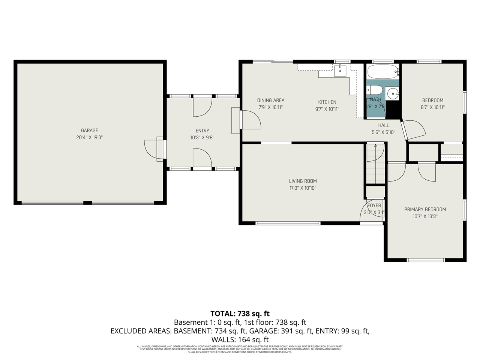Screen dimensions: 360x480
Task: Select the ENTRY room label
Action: click(202, 130)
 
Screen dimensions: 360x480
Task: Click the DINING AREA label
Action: click(270, 100)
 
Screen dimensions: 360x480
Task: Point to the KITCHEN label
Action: click(327, 102)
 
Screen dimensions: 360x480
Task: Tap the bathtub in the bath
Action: click(382, 71)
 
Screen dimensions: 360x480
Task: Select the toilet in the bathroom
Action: click(374, 90)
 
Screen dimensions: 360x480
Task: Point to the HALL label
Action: click(383, 125)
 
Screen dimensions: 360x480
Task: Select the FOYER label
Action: click(374, 205)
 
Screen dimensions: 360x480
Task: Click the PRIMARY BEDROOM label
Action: click(425, 209)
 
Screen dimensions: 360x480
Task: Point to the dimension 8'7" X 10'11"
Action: click(432, 107)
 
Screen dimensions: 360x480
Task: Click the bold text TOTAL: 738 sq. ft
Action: click(240, 313)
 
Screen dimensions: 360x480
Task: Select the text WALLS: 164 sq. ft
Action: click(240, 339)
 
